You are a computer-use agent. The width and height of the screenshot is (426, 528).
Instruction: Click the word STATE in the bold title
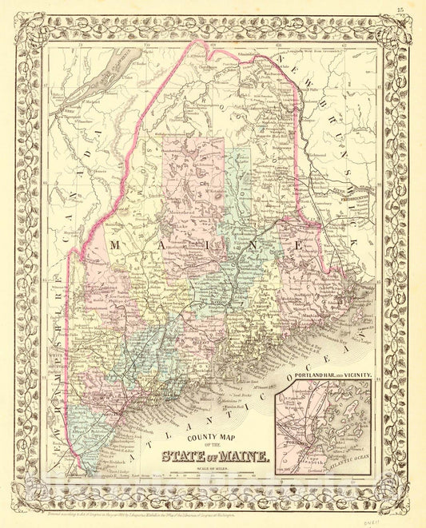[185, 457]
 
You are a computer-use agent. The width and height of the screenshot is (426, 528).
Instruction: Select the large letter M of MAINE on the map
[117, 244]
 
